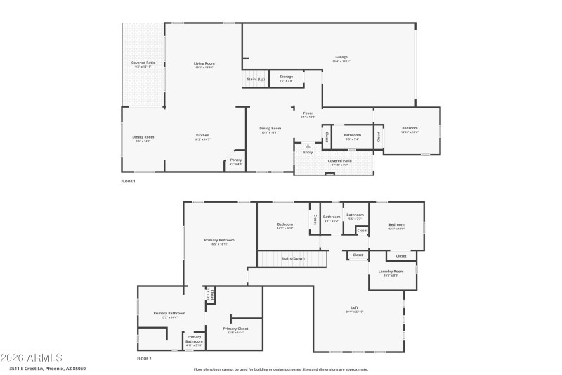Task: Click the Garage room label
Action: tap(341, 58)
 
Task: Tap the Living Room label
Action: tap(204, 65)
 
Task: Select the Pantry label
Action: tap(236, 161)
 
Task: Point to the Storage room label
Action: tap(286, 77)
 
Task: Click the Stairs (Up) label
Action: tap(256, 79)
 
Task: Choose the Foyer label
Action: tap(308, 114)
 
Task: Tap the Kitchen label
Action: tap(202, 136)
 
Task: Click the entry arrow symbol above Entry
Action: tap(308, 146)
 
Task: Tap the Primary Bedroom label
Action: tap(219, 241)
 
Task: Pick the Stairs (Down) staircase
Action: tap(293, 259)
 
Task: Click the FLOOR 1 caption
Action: tap(128, 182)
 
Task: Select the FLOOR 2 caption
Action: tap(144, 359)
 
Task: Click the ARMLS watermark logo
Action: tap(32, 357)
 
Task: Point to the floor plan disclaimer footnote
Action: tap(280, 369)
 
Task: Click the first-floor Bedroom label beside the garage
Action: tap(410, 129)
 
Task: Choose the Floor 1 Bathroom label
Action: tap(352, 136)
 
